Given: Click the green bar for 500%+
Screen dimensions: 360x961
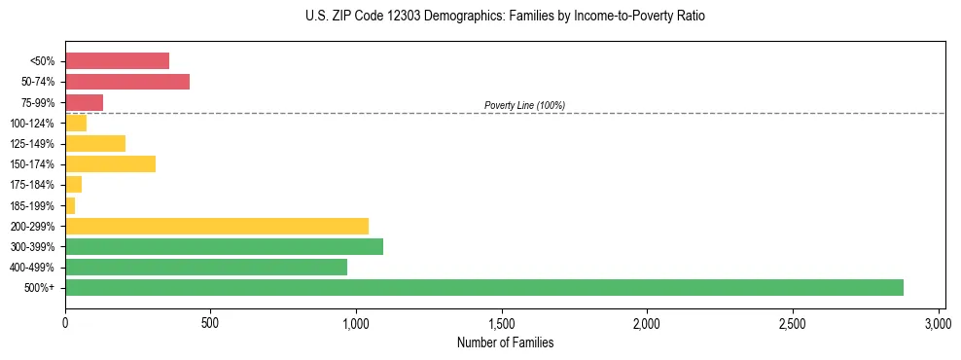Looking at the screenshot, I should [483, 288].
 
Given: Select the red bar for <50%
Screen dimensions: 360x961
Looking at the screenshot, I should [117, 61].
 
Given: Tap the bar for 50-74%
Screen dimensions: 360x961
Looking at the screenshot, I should [127, 82].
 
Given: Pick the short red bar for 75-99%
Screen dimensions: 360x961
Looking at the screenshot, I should [84, 102].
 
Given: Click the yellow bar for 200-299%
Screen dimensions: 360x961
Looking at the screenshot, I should [217, 226].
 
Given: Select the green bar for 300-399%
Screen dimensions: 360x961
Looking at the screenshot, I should [224, 246].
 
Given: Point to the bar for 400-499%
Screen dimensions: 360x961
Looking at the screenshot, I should [206, 267].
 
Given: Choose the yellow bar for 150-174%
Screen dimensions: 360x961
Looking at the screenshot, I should [110, 163].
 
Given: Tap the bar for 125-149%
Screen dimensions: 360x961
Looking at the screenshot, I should [95, 144].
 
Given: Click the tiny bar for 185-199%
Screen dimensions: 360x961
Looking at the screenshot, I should [70, 205].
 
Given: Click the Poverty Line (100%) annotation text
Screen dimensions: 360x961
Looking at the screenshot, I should [524, 105].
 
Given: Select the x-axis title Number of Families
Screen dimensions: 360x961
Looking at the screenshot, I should [505, 342].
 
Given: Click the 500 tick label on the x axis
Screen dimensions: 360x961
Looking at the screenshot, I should [211, 323].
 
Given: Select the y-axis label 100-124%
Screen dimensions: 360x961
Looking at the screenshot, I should [32, 124].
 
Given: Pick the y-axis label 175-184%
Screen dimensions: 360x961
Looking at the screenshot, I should [32, 185].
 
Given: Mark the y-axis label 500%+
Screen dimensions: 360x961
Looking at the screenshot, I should [39, 288].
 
